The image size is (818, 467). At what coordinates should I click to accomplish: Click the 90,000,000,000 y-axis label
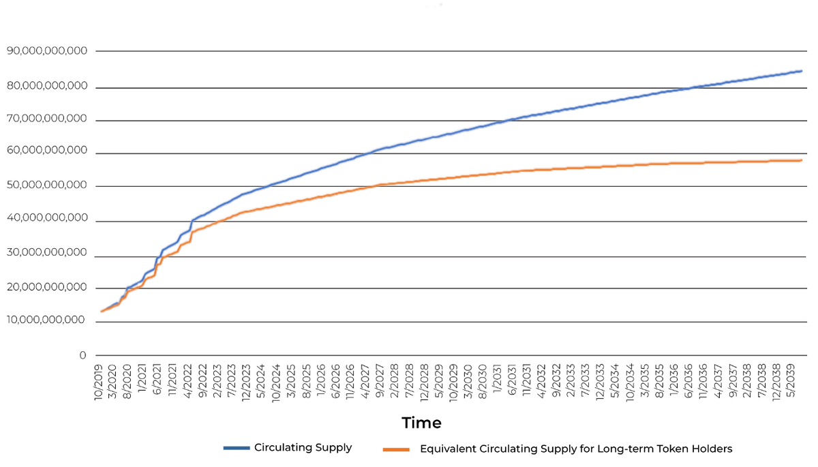(47, 51)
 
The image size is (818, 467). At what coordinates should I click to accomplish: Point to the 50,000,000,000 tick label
(47, 185)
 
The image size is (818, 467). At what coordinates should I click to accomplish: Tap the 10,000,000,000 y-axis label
(47, 320)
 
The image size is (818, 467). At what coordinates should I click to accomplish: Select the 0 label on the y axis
(82, 355)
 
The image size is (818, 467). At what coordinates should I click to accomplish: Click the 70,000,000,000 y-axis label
(47, 119)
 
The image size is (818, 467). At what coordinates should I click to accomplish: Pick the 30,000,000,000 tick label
(47, 253)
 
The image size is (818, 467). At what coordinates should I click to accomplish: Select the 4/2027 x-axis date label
(365, 380)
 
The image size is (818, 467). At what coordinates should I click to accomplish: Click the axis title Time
(421, 423)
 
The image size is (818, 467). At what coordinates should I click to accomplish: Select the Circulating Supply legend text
(303, 448)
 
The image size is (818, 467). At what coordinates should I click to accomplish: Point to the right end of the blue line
(801, 71)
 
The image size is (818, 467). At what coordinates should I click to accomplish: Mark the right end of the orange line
(801, 160)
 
